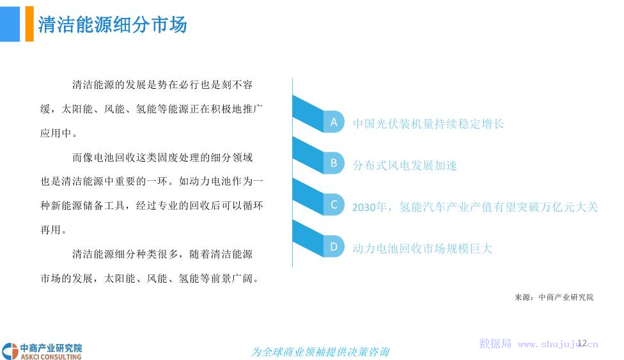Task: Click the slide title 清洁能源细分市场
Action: [x=113, y=25]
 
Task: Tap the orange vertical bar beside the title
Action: [x=29, y=24]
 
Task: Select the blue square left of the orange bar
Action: [x=10, y=24]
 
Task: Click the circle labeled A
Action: [x=334, y=122]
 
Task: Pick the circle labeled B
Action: [x=334, y=163]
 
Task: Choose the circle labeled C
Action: [x=334, y=205]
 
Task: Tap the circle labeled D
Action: [x=334, y=247]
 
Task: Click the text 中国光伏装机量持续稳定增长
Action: [x=428, y=124]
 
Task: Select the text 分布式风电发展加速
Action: [x=405, y=165]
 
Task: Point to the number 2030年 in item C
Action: [x=370, y=207]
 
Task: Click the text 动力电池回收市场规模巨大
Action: [x=422, y=249]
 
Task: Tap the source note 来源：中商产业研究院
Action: [x=554, y=297]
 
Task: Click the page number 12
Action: [x=582, y=343]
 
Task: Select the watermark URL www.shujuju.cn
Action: [x=558, y=344]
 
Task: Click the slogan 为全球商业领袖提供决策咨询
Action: [x=320, y=352]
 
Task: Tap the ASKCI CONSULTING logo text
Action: [x=51, y=357]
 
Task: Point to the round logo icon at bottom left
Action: [x=10, y=351]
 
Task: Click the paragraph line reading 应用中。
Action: [x=59, y=133]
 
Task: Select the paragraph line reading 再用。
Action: [x=53, y=230]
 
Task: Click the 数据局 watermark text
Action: [x=495, y=343]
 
